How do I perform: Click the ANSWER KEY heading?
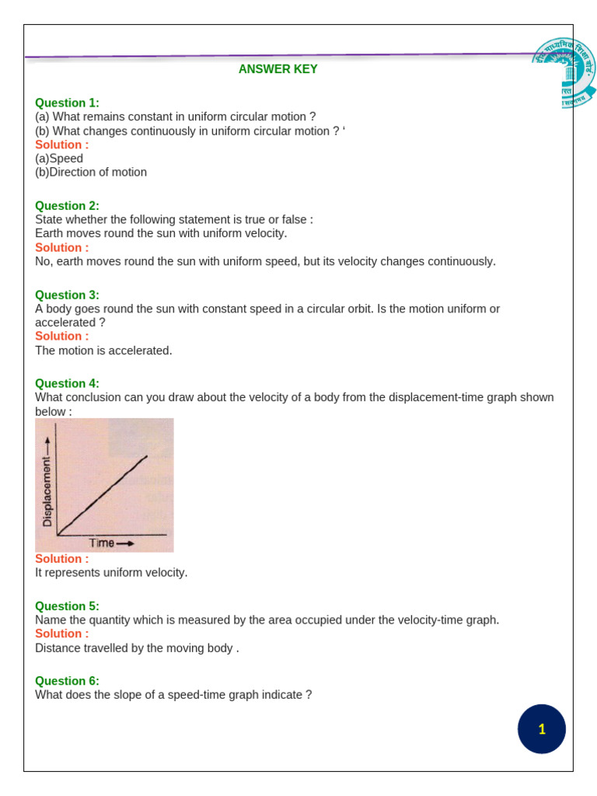pos(278,69)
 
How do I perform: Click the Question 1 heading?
pos(67,103)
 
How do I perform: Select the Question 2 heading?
pos(67,206)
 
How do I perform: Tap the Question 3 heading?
pos(67,295)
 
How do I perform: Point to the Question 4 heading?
pos(67,383)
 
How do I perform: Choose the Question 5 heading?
pos(67,606)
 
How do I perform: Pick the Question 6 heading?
pos(67,681)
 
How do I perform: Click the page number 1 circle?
pos(542,729)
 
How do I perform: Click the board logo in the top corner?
pos(565,72)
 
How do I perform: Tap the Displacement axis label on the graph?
pos(47,491)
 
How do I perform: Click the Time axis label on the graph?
pos(102,543)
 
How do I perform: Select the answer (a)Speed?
pos(59,159)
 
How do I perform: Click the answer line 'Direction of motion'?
pos(91,173)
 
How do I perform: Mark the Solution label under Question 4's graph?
pos(62,559)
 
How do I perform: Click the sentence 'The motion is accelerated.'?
pos(103,351)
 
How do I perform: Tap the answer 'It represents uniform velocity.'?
pos(111,573)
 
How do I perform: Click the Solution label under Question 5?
pos(62,634)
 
